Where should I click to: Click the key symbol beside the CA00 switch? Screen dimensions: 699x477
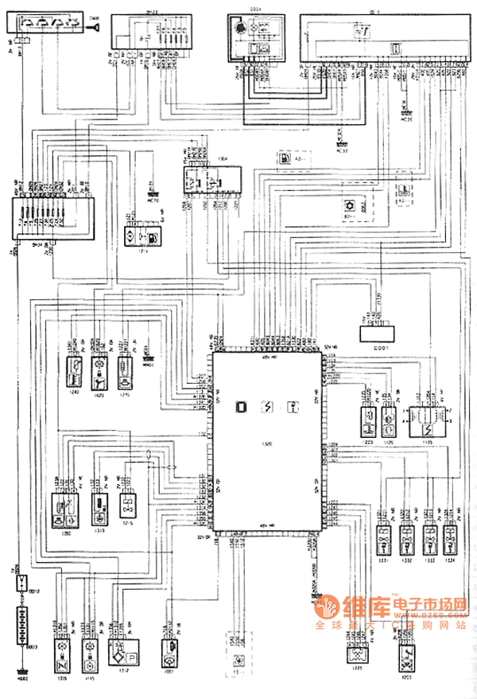coord(95,27)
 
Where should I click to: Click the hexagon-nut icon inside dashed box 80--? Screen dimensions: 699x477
coord(347,205)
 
